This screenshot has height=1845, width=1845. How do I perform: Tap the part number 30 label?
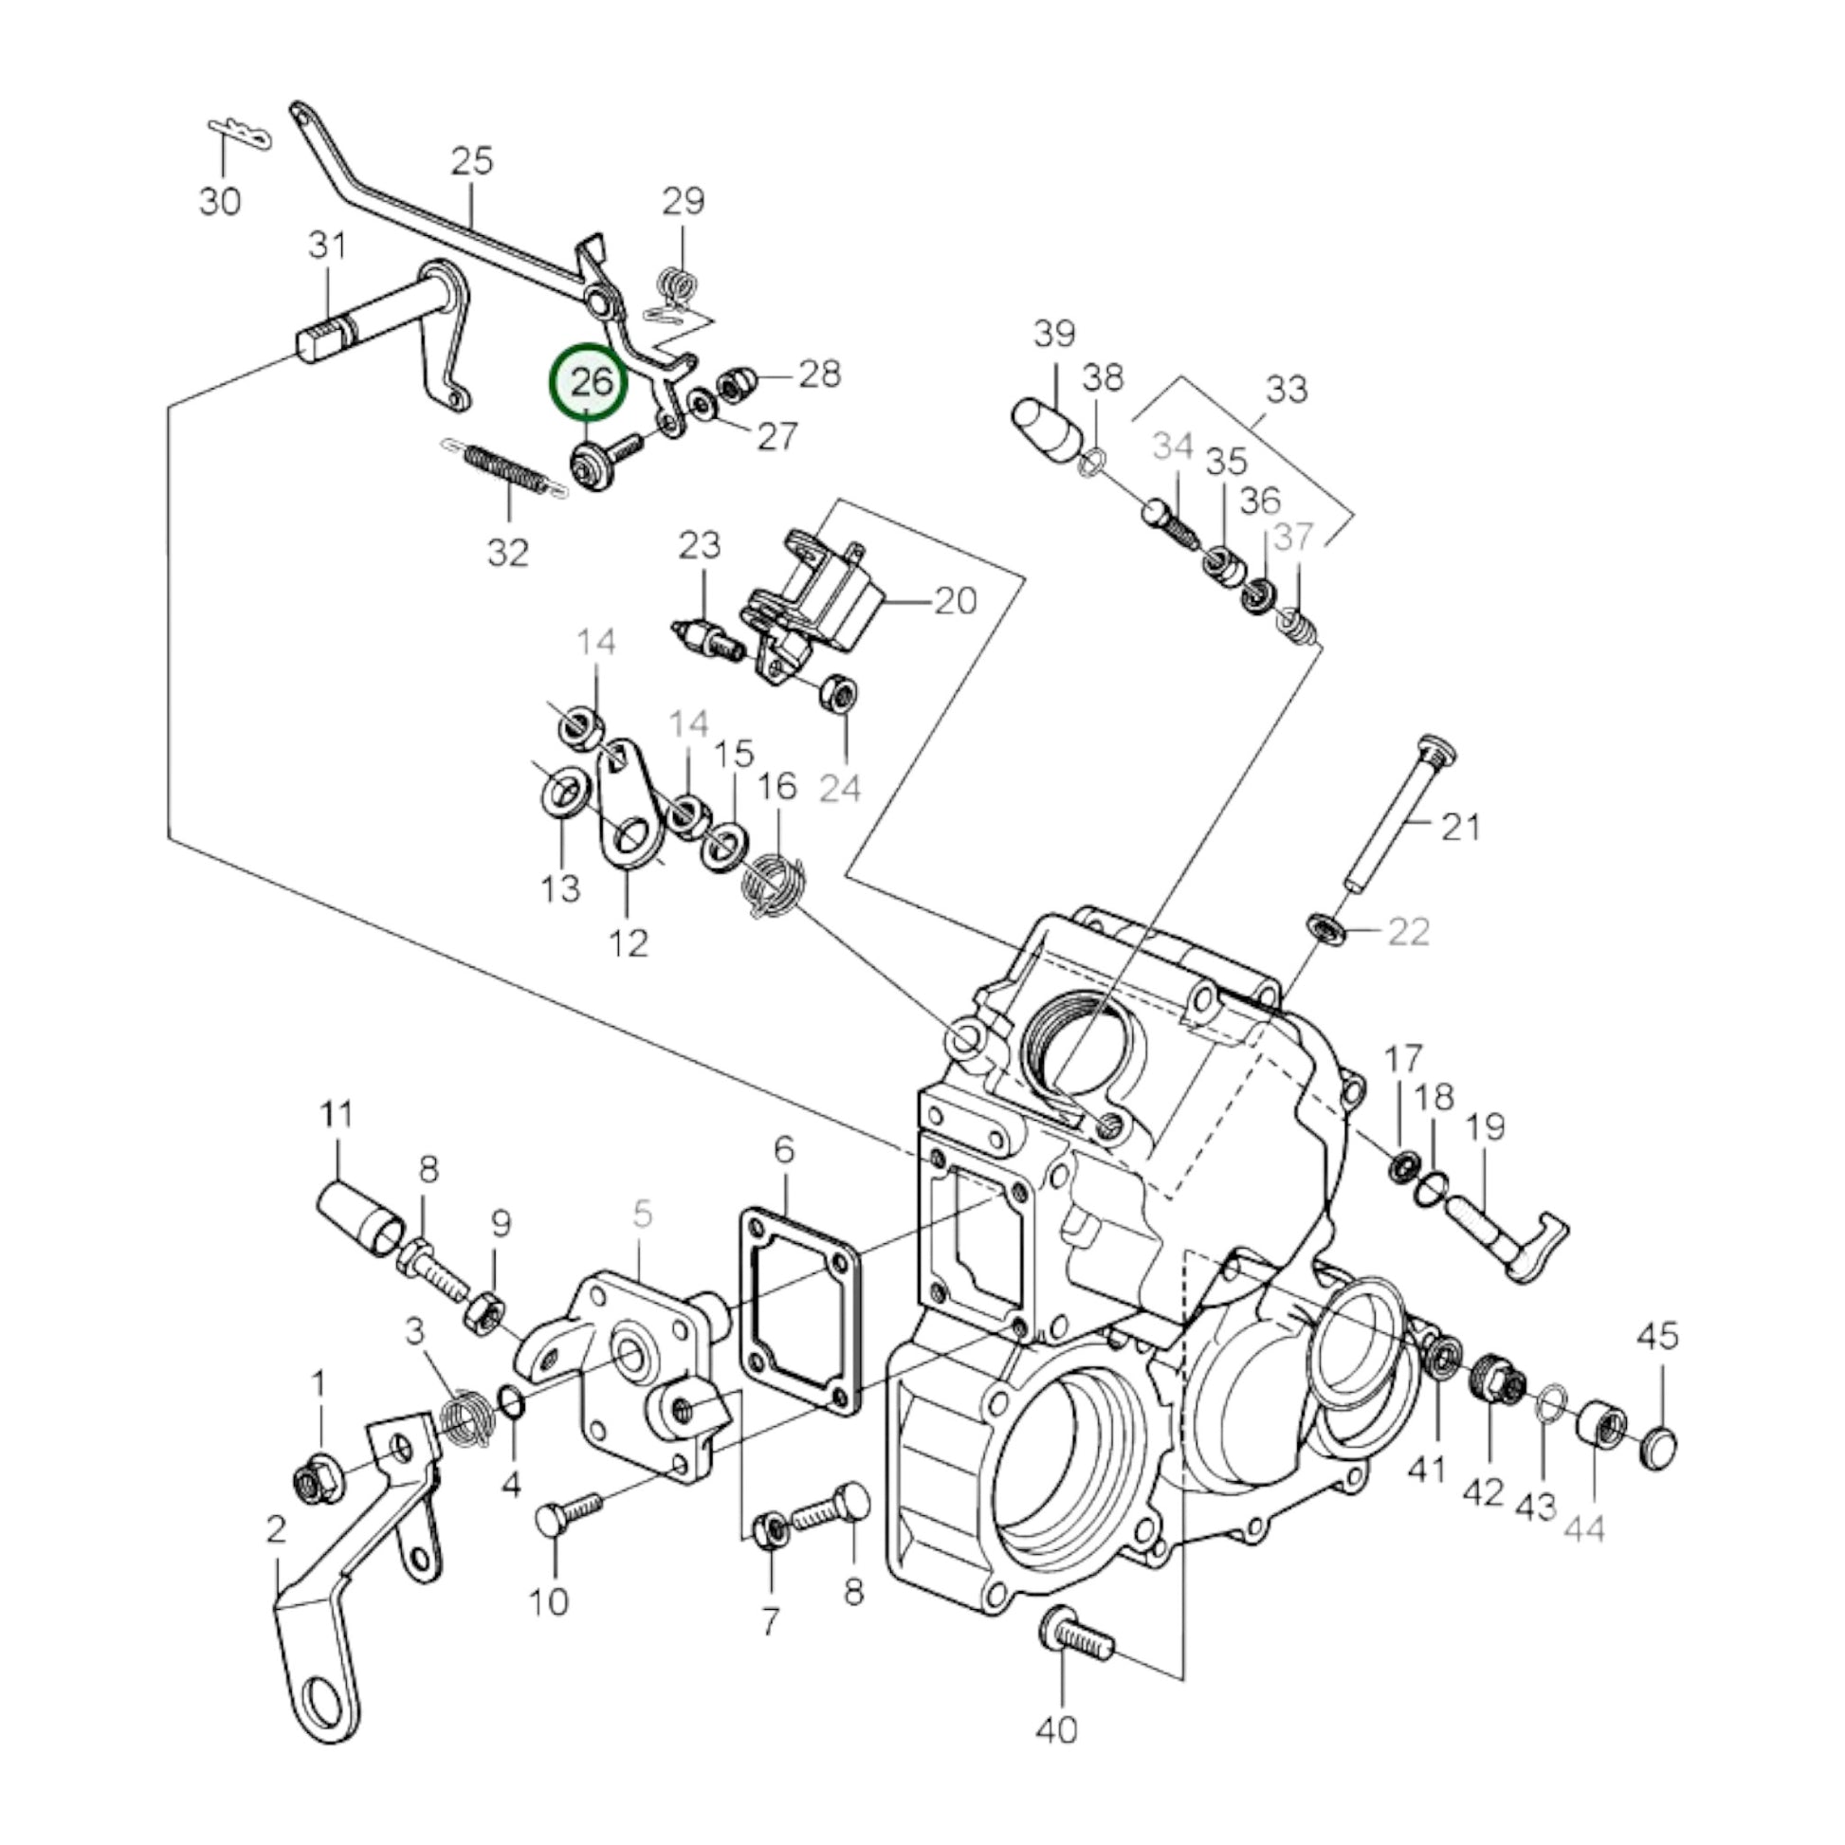click(x=220, y=202)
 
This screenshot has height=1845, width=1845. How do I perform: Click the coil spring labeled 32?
click(x=507, y=472)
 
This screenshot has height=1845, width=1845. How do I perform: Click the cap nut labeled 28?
click(x=737, y=383)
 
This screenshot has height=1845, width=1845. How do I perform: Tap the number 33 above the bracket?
click(x=1286, y=390)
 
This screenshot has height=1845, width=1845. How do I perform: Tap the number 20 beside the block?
click(x=955, y=602)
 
